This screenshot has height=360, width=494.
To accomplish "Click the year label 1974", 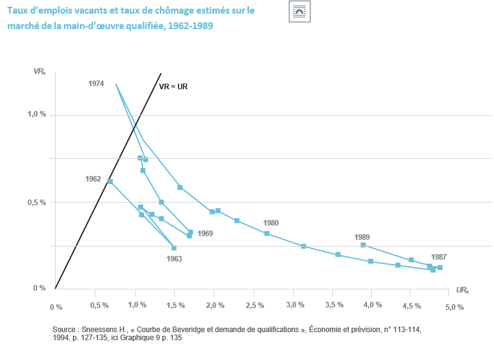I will tap(95, 83).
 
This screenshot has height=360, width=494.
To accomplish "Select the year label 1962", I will tap(93, 178).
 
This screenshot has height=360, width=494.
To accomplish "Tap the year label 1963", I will tap(174, 259).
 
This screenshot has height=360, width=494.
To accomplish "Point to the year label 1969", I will tap(205, 234).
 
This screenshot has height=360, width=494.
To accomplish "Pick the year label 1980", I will tap(271, 223).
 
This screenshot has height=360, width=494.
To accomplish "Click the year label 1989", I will tap(362, 237).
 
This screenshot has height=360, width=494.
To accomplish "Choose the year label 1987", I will tap(438, 257).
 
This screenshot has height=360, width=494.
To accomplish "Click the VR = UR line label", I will tap(174, 87).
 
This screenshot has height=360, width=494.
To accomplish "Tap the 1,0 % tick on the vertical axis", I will tap(37, 115).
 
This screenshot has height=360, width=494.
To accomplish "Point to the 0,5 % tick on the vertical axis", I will tap(37, 203).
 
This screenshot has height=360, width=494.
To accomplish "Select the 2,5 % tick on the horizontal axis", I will tap(255, 306).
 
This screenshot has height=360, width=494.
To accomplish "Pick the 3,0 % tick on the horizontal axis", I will tap(295, 305).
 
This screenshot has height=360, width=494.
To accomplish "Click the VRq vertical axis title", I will tap(39, 71).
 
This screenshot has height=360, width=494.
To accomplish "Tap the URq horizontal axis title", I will tap(462, 289).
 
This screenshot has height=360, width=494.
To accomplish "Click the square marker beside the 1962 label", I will tap(110, 182).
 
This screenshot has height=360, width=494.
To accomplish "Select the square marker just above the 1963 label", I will tap(174, 248).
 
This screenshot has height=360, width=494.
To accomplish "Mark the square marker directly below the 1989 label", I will tap(363, 245).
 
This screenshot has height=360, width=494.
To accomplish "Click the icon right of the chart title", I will tap(299, 12).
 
